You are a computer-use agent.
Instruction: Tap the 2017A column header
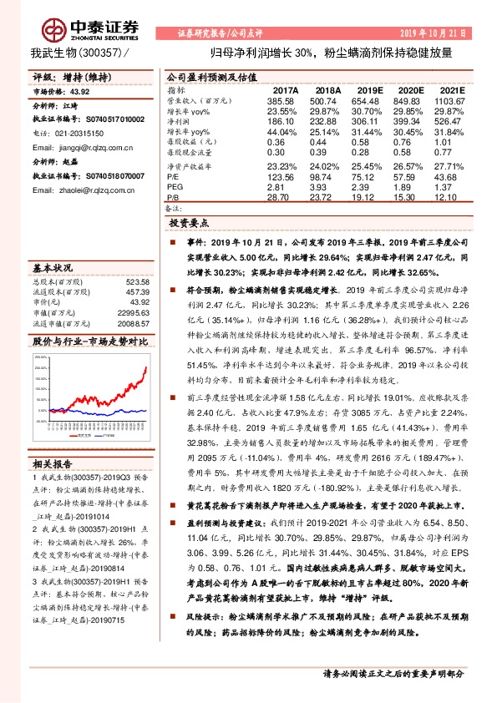point(285,89)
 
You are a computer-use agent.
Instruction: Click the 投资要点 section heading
point(190,224)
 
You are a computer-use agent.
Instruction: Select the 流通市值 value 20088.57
point(134,322)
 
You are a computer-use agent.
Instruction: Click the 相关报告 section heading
point(53,463)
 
